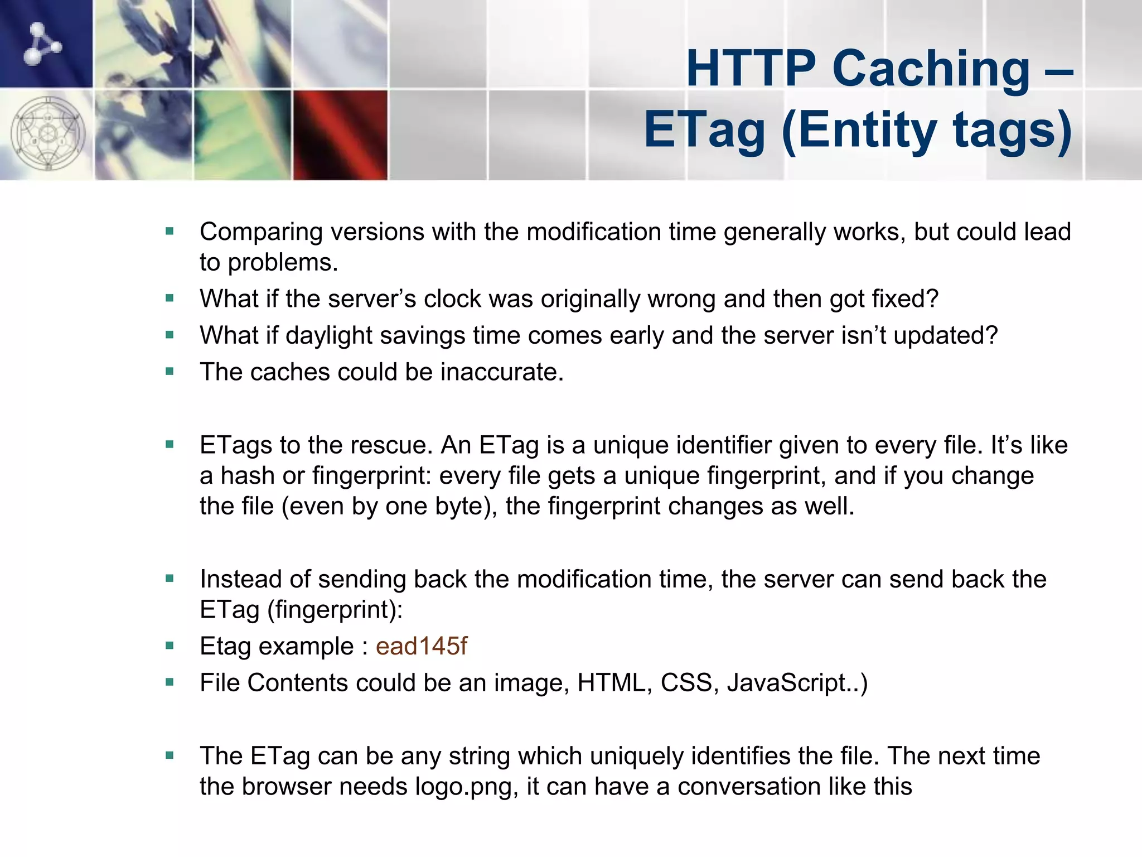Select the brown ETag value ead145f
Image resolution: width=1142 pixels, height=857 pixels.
pos(421,646)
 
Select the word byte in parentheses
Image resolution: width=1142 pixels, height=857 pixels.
pos(458,507)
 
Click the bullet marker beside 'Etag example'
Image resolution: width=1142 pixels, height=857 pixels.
pos(170,646)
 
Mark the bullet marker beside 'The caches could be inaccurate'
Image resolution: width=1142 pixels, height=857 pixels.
pos(170,372)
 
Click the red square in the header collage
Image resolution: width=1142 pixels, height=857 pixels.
pos(340,135)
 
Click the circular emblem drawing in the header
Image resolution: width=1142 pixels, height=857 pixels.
pos(48,134)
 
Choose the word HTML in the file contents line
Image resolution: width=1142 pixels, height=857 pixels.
pos(611,683)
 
